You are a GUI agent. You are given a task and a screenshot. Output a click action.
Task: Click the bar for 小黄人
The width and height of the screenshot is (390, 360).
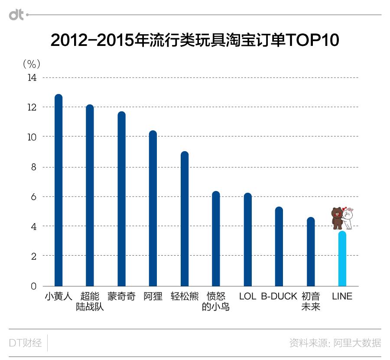coord(58,191)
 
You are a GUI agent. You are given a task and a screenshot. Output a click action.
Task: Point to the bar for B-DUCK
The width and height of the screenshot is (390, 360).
coord(279,246)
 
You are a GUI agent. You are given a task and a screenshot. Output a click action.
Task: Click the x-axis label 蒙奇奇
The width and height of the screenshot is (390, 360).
coord(121,297)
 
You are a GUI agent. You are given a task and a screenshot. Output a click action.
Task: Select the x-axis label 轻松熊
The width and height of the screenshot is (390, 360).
coord(185,297)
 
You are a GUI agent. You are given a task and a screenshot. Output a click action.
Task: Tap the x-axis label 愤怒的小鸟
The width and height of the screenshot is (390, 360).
coord(216,302)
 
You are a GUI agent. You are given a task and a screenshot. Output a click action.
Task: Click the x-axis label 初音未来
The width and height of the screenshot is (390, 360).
coord(311,302)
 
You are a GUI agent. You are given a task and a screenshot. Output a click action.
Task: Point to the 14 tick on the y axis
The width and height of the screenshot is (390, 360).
coord(32,78)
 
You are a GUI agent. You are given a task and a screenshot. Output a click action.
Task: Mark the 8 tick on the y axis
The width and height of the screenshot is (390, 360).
coord(34,167)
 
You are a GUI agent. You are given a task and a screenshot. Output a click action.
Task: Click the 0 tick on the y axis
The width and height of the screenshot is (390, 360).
coord(34,286)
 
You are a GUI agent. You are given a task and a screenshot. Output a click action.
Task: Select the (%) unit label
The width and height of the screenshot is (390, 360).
coord(31,64)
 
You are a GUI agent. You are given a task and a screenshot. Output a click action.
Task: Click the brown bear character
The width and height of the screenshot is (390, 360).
coord(337,218)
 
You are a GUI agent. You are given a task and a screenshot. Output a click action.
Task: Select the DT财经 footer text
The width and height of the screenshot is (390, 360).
coord(26,343)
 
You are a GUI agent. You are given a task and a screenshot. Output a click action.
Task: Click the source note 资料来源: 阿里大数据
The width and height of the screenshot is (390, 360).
coord(335,343)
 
